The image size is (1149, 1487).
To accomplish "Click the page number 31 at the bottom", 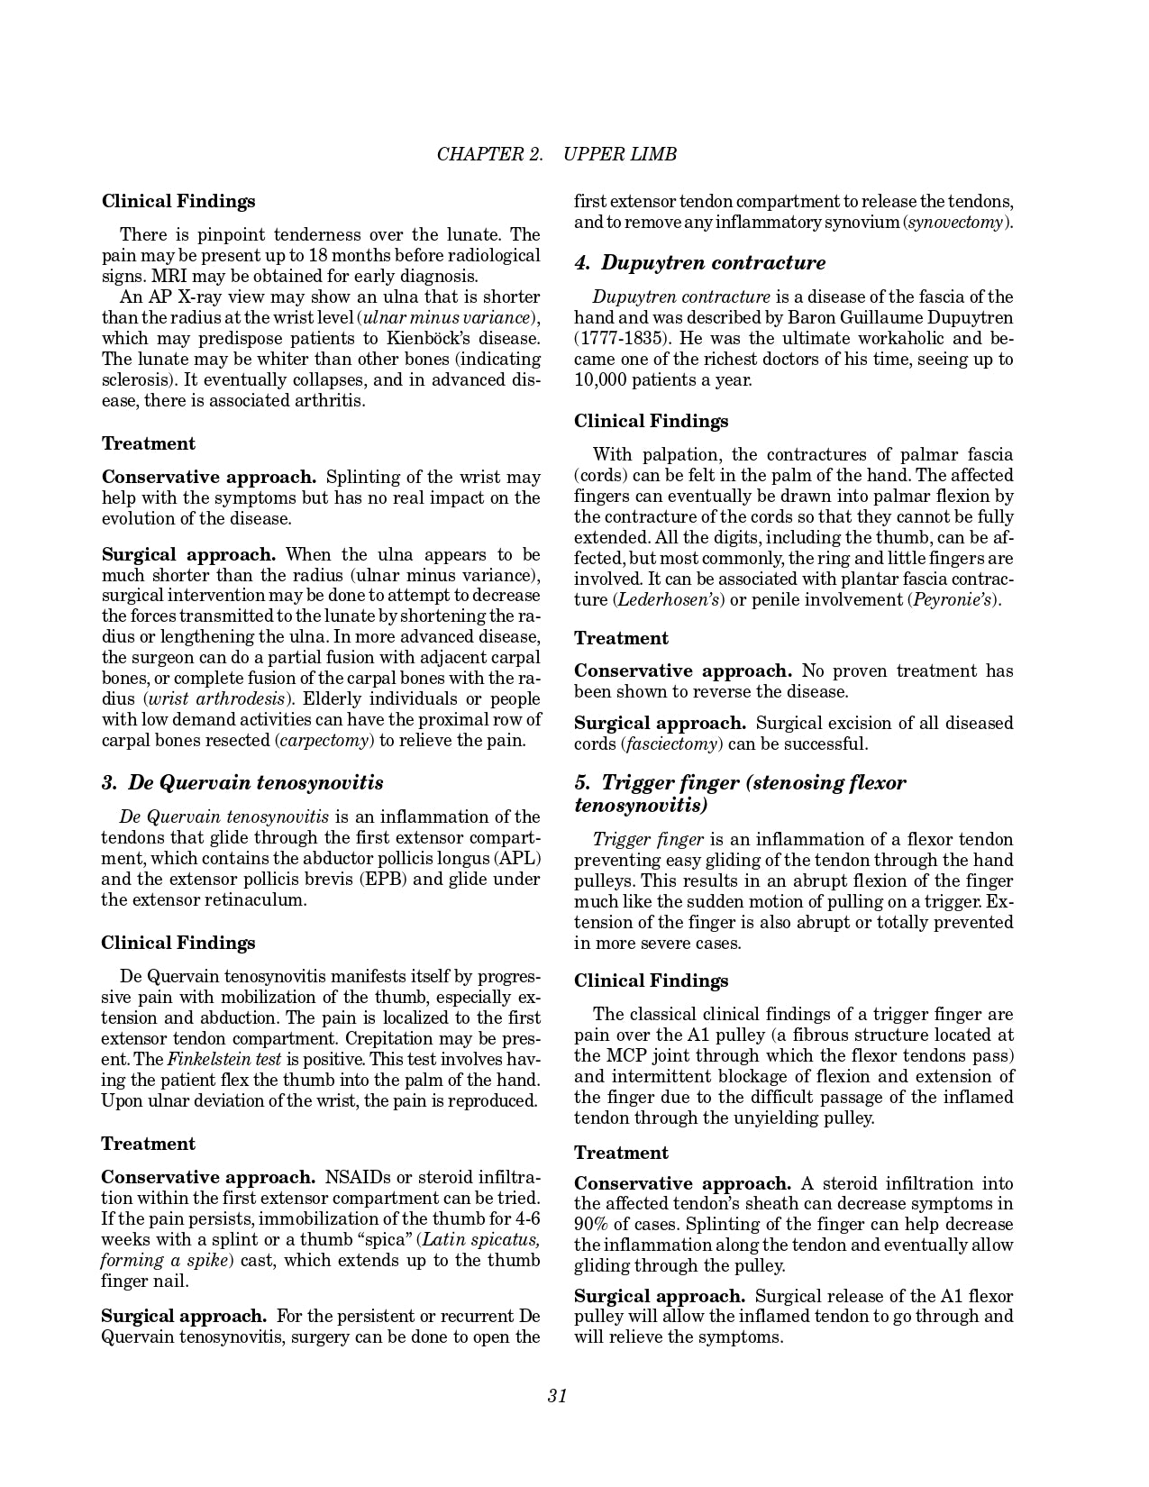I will (x=557, y=1396).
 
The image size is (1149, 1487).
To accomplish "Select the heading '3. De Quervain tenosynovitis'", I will (x=242, y=782).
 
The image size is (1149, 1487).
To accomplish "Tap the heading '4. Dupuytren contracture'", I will (x=700, y=263).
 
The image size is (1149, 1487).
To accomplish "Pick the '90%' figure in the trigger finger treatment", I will (x=595, y=1225).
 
